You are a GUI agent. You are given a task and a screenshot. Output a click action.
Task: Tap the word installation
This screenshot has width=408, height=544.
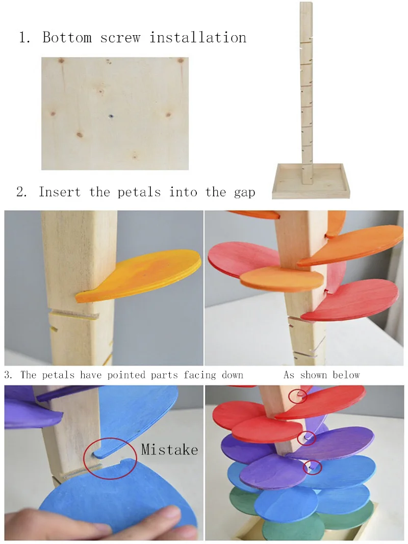tap(198, 37)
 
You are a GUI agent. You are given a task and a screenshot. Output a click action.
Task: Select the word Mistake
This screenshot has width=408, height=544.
tap(169, 449)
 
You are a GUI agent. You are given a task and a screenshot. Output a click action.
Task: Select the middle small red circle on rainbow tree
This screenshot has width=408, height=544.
tap(308, 437)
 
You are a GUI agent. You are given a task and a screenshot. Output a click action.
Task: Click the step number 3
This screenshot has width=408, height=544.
tap(8, 375)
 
